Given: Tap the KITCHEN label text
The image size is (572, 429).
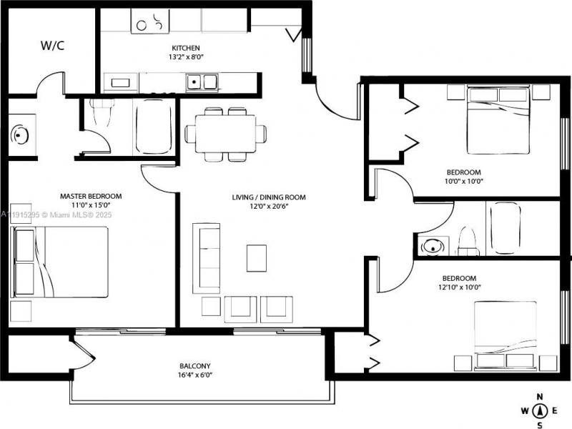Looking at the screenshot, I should (x=175, y=48).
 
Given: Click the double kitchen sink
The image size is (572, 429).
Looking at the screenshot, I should (x=202, y=82).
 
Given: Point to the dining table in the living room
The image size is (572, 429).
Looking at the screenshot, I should (x=225, y=133).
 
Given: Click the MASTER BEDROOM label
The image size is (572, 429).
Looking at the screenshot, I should (x=90, y=196).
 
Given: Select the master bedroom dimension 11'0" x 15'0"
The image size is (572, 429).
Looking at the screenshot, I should (x=90, y=205).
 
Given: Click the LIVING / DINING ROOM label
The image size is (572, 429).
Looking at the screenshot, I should (x=269, y=197).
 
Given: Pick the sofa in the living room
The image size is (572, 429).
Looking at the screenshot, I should (x=207, y=257).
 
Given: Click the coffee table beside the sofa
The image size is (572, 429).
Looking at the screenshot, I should (x=256, y=258).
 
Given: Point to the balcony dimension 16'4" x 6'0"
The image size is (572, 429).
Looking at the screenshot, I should (x=195, y=375).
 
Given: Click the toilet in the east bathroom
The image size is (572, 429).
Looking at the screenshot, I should (x=468, y=240).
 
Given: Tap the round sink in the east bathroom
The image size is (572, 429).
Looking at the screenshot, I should (x=432, y=247).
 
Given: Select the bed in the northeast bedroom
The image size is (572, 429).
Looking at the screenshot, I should (x=498, y=119).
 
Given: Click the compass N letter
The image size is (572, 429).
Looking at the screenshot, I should (x=541, y=397).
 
